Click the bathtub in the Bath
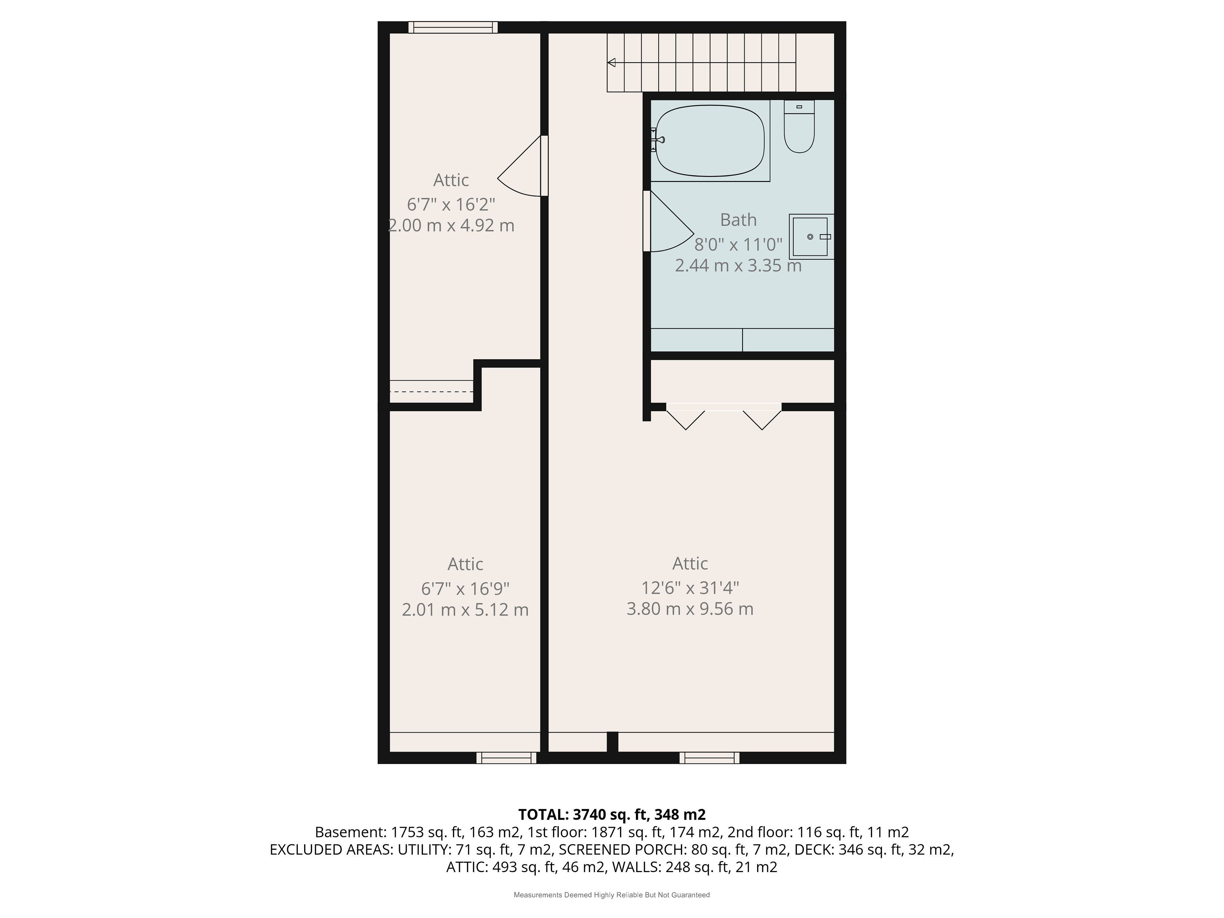(710, 141)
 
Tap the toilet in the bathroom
(799, 126)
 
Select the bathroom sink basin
(811, 237)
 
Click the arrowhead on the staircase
(611, 62)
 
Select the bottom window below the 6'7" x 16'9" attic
(506, 758)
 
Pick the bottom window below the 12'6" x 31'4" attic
(710, 758)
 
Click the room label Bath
(738, 220)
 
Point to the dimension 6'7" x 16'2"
(451, 204)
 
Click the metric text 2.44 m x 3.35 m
(738, 266)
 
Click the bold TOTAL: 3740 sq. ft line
(612, 814)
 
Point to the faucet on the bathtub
(657, 139)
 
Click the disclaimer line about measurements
(612, 895)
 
